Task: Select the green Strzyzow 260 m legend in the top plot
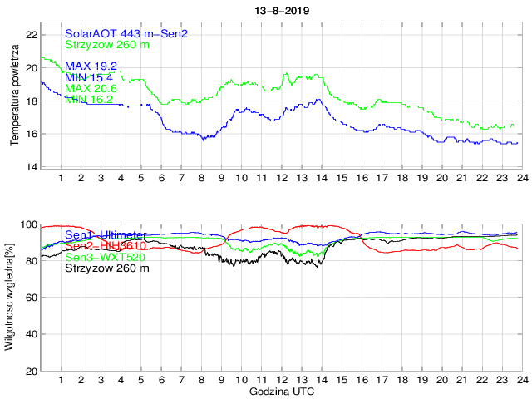pyautogui.click(x=107, y=44)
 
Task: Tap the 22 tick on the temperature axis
pyautogui.click(x=31, y=35)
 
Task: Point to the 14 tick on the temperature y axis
pyautogui.click(x=31, y=167)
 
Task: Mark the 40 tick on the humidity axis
pyautogui.click(x=31, y=334)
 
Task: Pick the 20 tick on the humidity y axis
pyautogui.click(x=31, y=371)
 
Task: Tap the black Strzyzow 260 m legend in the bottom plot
pyautogui.click(x=107, y=268)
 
